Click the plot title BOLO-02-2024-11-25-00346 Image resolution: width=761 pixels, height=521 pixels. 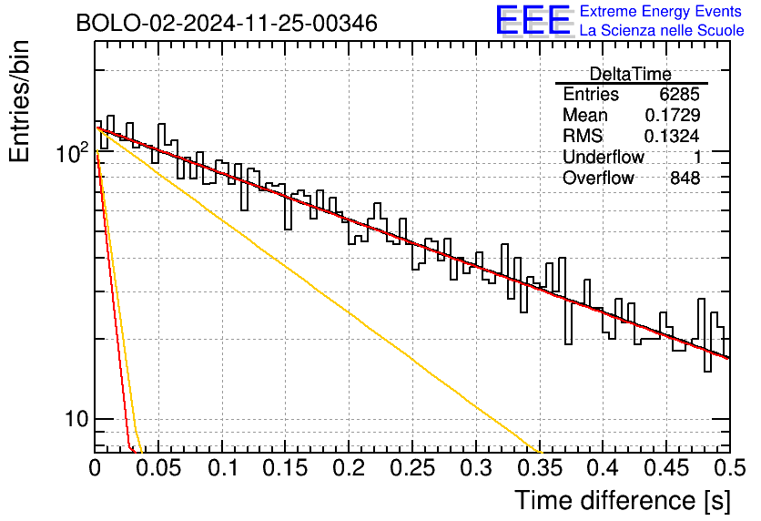tap(227, 23)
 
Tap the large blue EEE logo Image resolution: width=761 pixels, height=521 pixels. tap(533, 20)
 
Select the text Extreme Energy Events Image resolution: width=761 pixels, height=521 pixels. tap(661, 11)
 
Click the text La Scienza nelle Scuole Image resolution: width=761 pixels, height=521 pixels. tap(662, 30)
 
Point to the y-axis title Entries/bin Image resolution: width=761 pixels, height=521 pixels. tap(19, 101)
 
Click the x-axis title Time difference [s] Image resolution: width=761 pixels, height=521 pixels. tap(623, 500)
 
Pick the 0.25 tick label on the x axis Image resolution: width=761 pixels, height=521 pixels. tap(412, 468)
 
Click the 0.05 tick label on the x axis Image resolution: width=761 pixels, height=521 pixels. tap(157, 468)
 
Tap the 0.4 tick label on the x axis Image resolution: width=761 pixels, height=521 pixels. tap(603, 468)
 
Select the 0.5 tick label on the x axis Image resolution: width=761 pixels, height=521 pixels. tap(729, 468)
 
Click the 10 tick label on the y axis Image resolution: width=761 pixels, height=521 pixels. tap(77, 419)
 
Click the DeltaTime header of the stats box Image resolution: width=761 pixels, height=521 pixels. tap(631, 74)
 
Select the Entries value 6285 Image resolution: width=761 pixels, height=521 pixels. tap(679, 94)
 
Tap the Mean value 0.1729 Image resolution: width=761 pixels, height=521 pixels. tap(672, 115)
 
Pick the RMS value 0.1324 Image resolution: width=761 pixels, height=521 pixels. tap(672, 136)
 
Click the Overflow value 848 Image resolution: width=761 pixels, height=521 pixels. tap(685, 178)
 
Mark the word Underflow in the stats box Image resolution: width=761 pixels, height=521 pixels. tap(604, 157)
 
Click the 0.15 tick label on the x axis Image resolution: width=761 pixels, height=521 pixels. tap(285, 468)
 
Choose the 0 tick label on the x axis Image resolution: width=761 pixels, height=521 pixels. tap(95, 468)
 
